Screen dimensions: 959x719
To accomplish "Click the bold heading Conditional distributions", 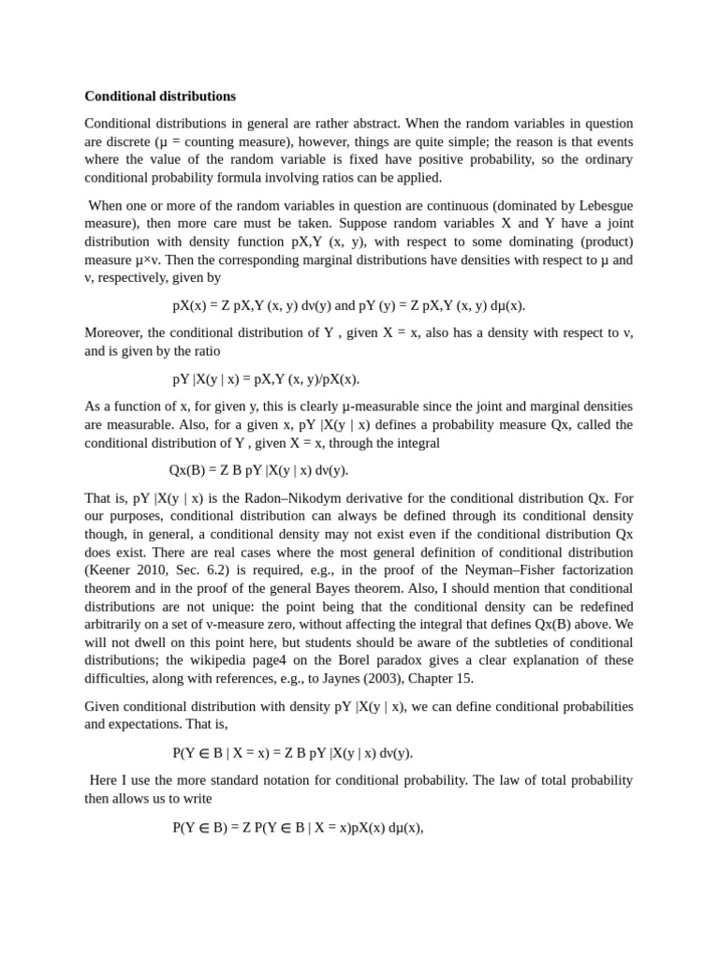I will (160, 96).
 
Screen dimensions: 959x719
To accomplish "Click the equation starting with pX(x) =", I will (348, 305).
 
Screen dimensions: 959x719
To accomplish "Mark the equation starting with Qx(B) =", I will (258, 470).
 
